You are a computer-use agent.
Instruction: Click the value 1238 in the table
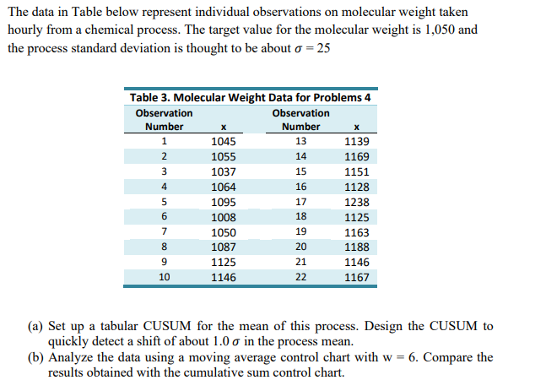[356, 202]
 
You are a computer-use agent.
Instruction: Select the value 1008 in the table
[224, 217]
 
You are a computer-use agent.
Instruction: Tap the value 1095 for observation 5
[224, 202]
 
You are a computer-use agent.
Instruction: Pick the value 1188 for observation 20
[356, 247]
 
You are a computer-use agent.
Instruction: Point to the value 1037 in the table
[224, 171]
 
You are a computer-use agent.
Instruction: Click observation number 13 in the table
[301, 141]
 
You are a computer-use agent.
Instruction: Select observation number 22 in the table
[301, 277]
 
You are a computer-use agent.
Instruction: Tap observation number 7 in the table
[164, 232]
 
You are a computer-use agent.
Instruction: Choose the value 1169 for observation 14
[356, 156]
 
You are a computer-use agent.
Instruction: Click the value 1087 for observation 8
[224, 247]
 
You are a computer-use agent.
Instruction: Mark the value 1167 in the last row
[356, 277]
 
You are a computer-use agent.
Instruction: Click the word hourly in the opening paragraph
[25, 30]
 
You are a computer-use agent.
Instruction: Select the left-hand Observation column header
[164, 112]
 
